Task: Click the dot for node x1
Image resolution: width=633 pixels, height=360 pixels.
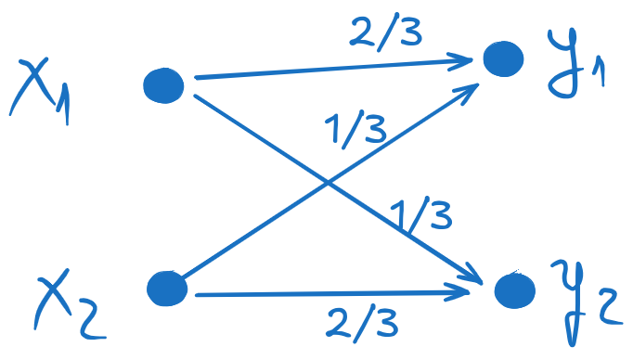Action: (164, 85)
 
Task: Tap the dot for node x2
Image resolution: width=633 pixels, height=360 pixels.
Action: (167, 288)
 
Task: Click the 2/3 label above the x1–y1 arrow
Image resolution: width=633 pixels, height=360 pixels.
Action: (386, 35)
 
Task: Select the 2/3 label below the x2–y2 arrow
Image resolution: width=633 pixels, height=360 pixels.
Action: (362, 323)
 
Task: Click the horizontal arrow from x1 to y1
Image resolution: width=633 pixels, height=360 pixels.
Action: (325, 71)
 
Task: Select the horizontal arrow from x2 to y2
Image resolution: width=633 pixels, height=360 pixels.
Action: (325, 294)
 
